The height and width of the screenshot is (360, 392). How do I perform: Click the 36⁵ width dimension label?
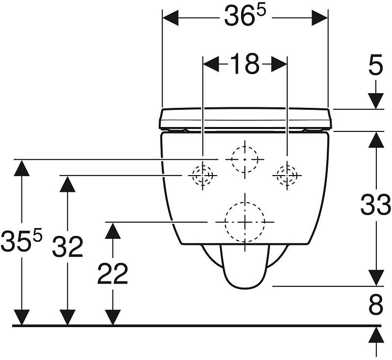[244, 16]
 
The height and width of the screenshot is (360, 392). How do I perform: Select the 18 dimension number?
[244, 64]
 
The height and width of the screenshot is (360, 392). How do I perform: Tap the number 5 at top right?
[376, 65]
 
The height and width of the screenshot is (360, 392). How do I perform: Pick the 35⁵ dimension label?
[21, 241]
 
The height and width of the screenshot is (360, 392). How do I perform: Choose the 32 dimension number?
[68, 246]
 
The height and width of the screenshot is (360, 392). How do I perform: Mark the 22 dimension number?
[113, 274]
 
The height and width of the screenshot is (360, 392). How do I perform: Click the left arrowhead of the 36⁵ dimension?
[171, 18]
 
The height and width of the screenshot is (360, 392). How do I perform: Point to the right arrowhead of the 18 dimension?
[279, 64]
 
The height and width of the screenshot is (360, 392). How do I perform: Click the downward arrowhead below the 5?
[376, 101]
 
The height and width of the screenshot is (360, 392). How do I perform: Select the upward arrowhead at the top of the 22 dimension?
[113, 231]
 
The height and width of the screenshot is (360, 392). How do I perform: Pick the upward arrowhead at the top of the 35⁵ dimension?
[22, 168]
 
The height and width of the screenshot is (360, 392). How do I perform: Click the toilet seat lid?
[245, 119]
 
